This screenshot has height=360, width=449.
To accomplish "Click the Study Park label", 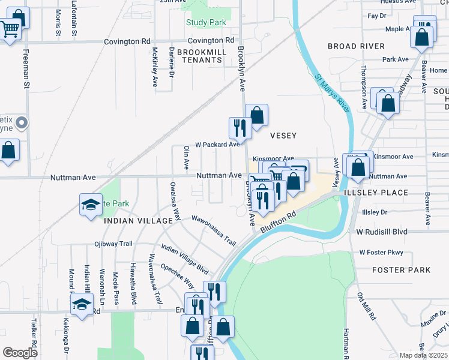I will tap(205, 23).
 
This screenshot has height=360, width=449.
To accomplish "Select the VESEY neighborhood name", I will tap(283, 136).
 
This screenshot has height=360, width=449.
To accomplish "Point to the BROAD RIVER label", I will tap(356, 46).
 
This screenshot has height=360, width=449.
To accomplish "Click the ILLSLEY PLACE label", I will tap(376, 193).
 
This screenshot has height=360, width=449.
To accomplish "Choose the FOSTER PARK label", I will tap(401, 270).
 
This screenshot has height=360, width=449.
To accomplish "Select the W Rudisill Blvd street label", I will tap(382, 232).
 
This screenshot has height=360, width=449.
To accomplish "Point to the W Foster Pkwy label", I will tap(381, 253).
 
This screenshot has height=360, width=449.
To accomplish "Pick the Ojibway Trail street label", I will tap(113, 244).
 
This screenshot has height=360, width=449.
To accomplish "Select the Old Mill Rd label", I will tap(366, 306).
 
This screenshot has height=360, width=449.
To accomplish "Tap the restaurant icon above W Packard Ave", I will tap(238, 128).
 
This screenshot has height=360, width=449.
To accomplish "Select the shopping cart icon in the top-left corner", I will tap(9, 29).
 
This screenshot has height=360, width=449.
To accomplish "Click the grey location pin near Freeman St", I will tap(22, 124).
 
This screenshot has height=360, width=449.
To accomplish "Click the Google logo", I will tap(20, 353).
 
